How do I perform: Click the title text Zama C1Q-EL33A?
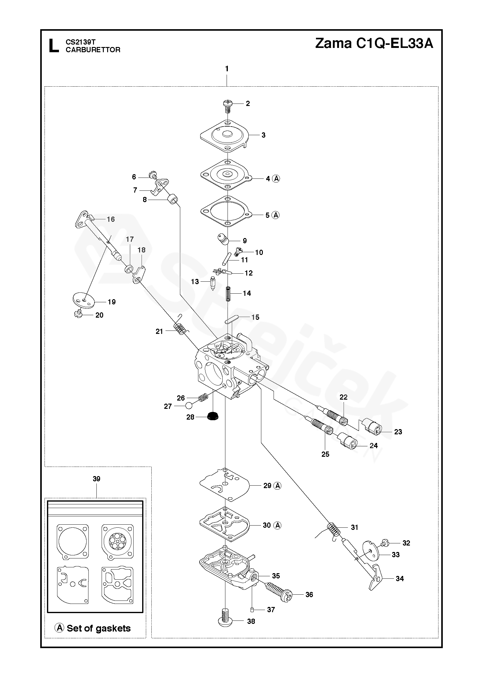[x=374, y=44]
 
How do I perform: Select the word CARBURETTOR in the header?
[x=93, y=50]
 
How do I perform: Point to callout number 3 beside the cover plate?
[x=263, y=135]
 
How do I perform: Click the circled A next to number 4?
[x=276, y=178]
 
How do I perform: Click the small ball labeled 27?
[x=189, y=406]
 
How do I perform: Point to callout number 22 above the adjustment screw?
[x=343, y=397]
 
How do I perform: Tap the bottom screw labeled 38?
[x=226, y=620]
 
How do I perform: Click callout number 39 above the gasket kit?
[x=96, y=479]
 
